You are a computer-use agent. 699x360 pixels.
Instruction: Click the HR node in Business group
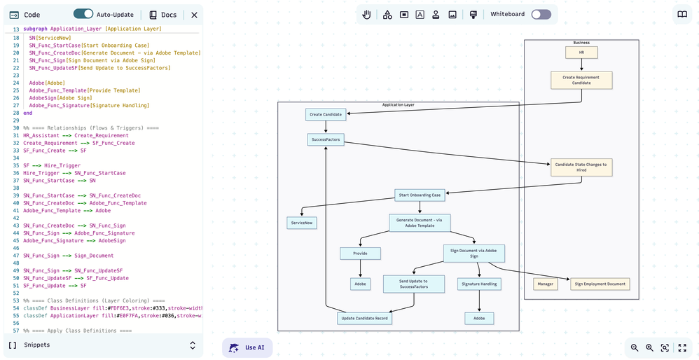581,53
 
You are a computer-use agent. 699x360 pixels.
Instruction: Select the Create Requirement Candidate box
581,80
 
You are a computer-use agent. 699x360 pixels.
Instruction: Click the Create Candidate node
326,114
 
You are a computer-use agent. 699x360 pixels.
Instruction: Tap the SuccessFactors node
326,140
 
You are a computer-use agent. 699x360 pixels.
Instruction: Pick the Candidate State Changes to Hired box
581,167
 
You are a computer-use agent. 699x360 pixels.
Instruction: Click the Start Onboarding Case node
420,195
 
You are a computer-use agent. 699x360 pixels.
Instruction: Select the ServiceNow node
301,223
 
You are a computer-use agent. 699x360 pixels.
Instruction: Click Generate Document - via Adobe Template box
420,223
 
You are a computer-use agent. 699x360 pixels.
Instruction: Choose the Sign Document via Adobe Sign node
474,253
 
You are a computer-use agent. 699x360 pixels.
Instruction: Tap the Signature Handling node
479,284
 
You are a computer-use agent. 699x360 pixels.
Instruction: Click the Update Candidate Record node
364,318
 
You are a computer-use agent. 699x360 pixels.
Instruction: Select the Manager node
545,284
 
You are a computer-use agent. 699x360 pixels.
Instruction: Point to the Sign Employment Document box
600,284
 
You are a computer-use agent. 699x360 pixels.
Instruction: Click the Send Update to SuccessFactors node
414,284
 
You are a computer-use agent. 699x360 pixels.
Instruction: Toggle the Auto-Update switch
83,14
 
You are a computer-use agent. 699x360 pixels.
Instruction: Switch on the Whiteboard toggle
541,14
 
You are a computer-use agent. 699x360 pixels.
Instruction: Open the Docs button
162,15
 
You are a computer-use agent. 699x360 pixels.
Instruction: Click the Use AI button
247,347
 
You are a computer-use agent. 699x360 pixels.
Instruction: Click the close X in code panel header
194,15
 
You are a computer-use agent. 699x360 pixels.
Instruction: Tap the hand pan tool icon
367,15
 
